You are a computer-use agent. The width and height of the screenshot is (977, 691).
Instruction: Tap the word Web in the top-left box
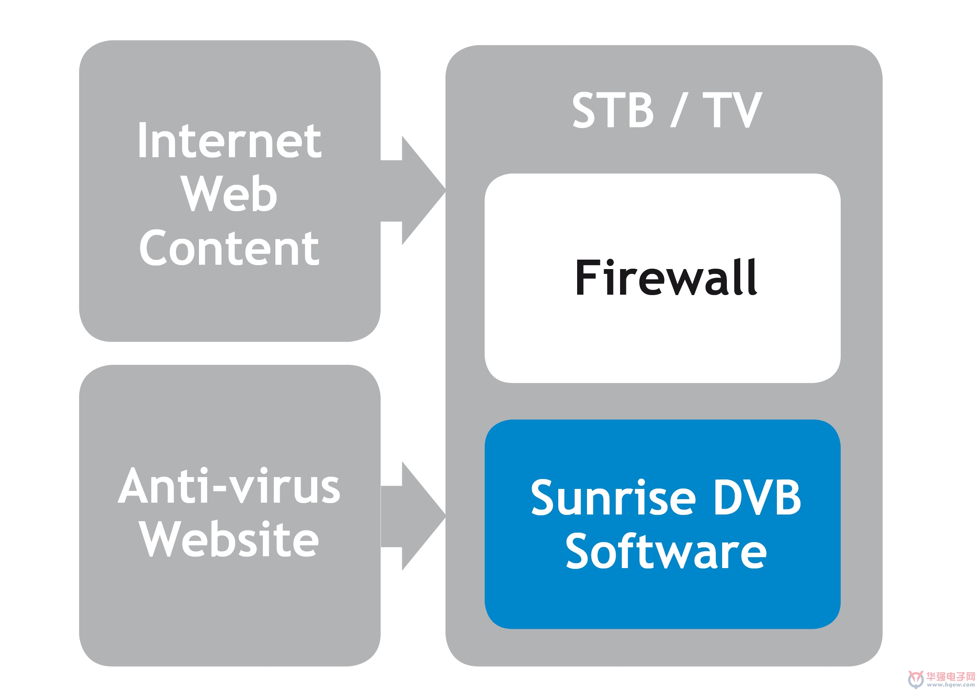(x=229, y=193)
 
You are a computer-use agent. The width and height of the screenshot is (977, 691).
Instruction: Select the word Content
(x=229, y=248)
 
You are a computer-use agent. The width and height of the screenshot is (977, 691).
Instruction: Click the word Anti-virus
(x=229, y=485)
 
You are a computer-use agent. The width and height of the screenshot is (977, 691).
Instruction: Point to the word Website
(x=229, y=539)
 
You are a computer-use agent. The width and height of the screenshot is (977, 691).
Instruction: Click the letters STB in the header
(x=613, y=110)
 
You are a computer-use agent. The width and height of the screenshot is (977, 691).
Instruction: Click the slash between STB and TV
(x=679, y=110)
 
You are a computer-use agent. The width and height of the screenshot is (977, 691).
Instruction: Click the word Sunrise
(x=613, y=498)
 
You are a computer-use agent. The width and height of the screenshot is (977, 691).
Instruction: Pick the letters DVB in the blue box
(x=758, y=498)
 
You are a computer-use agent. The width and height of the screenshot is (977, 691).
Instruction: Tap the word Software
(x=666, y=552)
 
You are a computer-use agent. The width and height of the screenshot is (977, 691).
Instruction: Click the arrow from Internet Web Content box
(x=413, y=191)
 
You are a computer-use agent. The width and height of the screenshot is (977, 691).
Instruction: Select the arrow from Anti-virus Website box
(x=413, y=516)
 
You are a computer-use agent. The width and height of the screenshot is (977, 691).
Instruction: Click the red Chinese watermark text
(x=951, y=676)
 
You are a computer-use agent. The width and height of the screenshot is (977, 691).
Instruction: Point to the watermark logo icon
(x=916, y=680)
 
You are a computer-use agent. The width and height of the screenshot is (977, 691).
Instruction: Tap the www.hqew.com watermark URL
(x=951, y=685)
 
